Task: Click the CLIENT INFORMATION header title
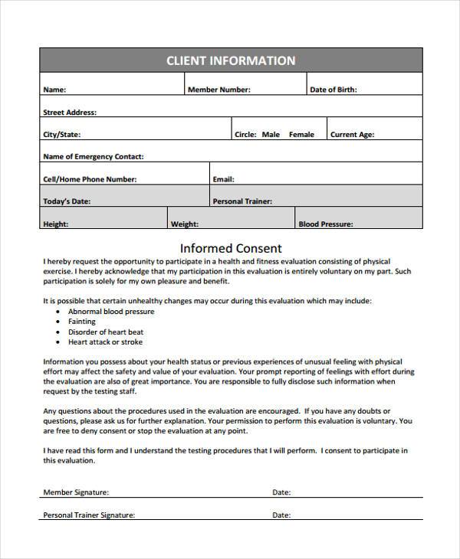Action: point(231,60)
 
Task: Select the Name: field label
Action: point(54,90)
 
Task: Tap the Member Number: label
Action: point(219,90)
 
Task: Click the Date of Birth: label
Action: point(333,90)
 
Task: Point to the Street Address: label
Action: point(70,113)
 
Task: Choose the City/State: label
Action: point(61,135)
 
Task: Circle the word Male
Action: point(271,135)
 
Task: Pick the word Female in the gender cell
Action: point(301,135)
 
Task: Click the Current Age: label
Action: point(352,135)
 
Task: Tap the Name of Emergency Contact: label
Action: point(93,157)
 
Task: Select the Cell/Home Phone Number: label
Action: point(90,179)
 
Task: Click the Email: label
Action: point(223,179)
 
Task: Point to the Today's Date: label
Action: point(67,201)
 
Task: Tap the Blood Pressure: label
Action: point(325,224)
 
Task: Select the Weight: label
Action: point(185,224)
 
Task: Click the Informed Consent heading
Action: point(231,248)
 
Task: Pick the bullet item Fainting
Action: point(82,322)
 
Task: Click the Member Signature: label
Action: point(76,492)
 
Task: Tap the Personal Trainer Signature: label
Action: point(89,515)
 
